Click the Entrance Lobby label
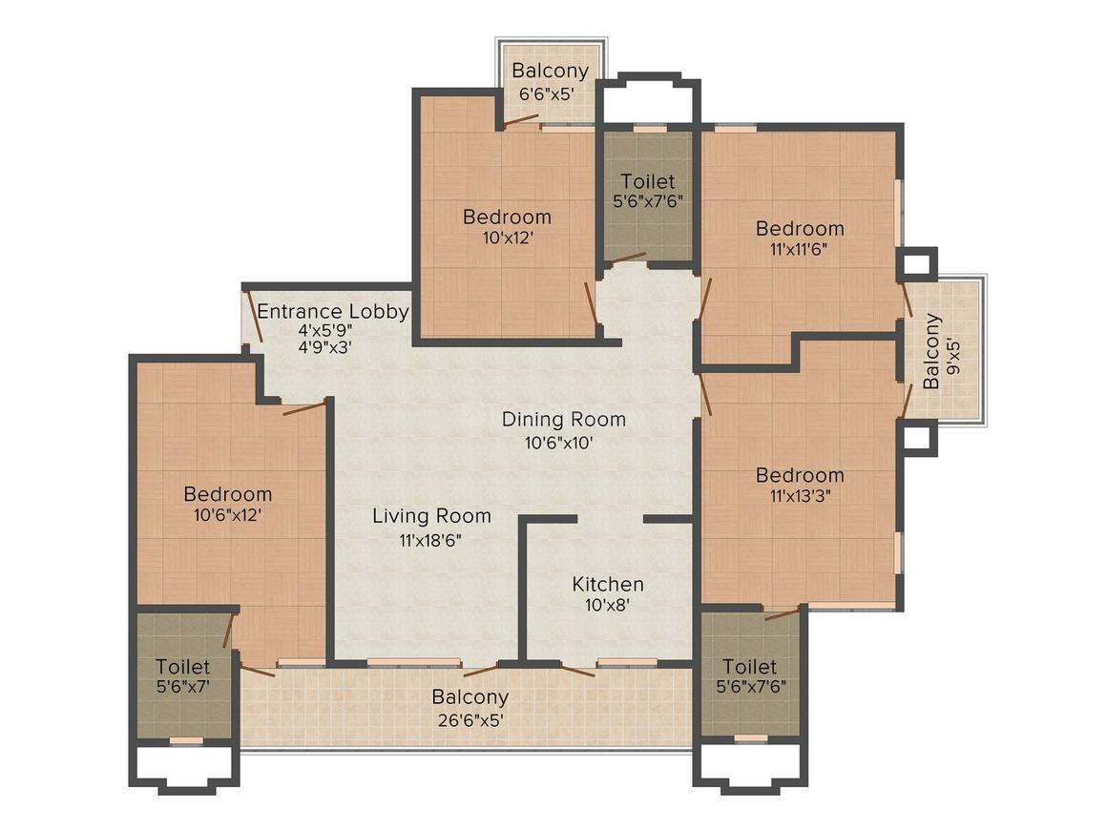click(x=333, y=311)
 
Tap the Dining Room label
click(x=564, y=419)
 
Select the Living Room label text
click(x=431, y=516)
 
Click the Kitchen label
click(x=608, y=584)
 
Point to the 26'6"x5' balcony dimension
click(x=470, y=718)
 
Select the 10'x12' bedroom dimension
click(x=507, y=238)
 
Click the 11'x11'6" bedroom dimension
click(x=800, y=250)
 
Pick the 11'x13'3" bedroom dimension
click(x=800, y=496)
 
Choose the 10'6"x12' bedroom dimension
click(x=227, y=515)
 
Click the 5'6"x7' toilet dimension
click(x=182, y=686)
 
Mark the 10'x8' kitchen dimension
click(x=608, y=605)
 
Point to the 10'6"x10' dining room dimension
click(x=564, y=442)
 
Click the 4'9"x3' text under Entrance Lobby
click(x=324, y=348)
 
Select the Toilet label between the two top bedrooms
click(x=648, y=181)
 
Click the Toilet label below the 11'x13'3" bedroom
click(x=749, y=666)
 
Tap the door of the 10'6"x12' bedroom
click(x=304, y=408)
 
